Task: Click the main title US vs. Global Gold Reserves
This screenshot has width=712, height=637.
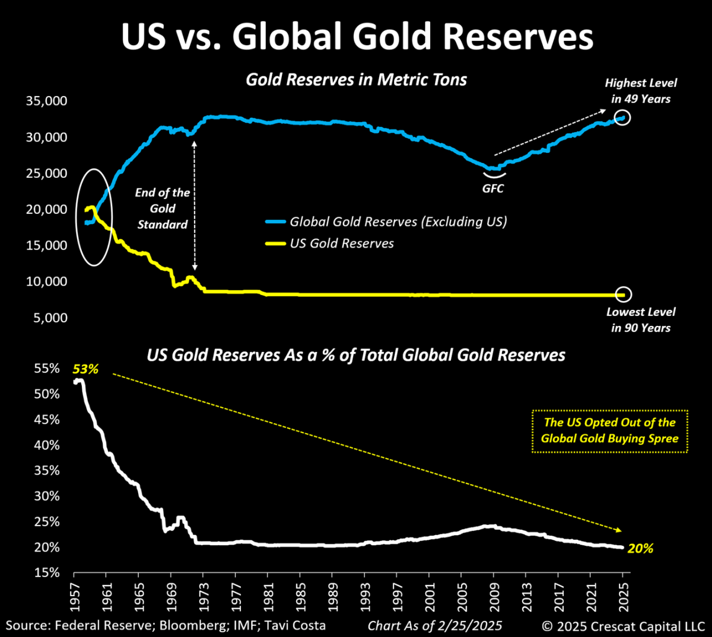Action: (x=357, y=37)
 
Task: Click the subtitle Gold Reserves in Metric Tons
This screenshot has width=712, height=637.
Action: (x=357, y=79)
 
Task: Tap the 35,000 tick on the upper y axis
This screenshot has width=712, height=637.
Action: (x=46, y=101)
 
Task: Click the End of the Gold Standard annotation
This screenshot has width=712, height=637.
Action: (x=163, y=208)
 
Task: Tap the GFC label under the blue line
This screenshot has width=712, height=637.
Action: (x=492, y=188)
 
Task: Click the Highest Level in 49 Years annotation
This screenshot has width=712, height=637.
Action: (x=641, y=91)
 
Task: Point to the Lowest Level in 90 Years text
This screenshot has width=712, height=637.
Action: (x=641, y=320)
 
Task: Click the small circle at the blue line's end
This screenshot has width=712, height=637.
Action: (x=622, y=117)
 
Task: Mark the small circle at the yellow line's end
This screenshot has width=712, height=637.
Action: (x=624, y=295)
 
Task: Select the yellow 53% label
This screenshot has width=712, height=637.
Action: (x=85, y=369)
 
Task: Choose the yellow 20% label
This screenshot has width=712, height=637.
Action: (x=640, y=549)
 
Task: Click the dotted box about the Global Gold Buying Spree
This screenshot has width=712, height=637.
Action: (x=609, y=431)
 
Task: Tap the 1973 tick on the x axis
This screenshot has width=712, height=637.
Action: (x=203, y=595)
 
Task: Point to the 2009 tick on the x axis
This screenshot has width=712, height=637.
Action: (x=493, y=595)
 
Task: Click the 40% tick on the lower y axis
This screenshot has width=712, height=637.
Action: (x=46, y=445)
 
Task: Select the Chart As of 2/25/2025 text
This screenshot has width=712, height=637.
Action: (x=435, y=626)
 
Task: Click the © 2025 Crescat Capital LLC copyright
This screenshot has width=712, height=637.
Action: (x=622, y=626)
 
